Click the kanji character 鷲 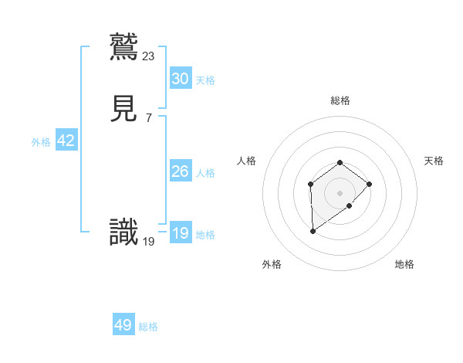coord(124,46)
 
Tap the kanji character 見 coord(124,110)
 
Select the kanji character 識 coord(124,232)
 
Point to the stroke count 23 coord(149,56)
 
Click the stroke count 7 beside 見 coord(149,118)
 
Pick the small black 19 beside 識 coord(149,242)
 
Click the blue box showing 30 coord(180,78)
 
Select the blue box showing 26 coord(180,171)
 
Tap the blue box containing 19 coord(180,233)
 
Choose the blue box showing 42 coord(66,141)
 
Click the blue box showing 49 coord(123,325)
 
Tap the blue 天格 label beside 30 coord(205,80)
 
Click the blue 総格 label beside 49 coord(148,327)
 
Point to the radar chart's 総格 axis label coord(340,100)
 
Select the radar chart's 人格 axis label coord(247,161)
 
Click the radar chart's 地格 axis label coord(404,264)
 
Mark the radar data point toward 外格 coord(313,231)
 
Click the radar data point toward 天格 coord(370,184)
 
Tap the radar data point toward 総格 coord(340,162)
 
